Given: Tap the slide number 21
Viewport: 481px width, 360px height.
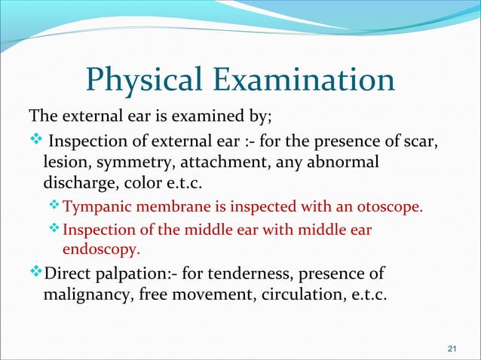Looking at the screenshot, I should (x=452, y=347).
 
